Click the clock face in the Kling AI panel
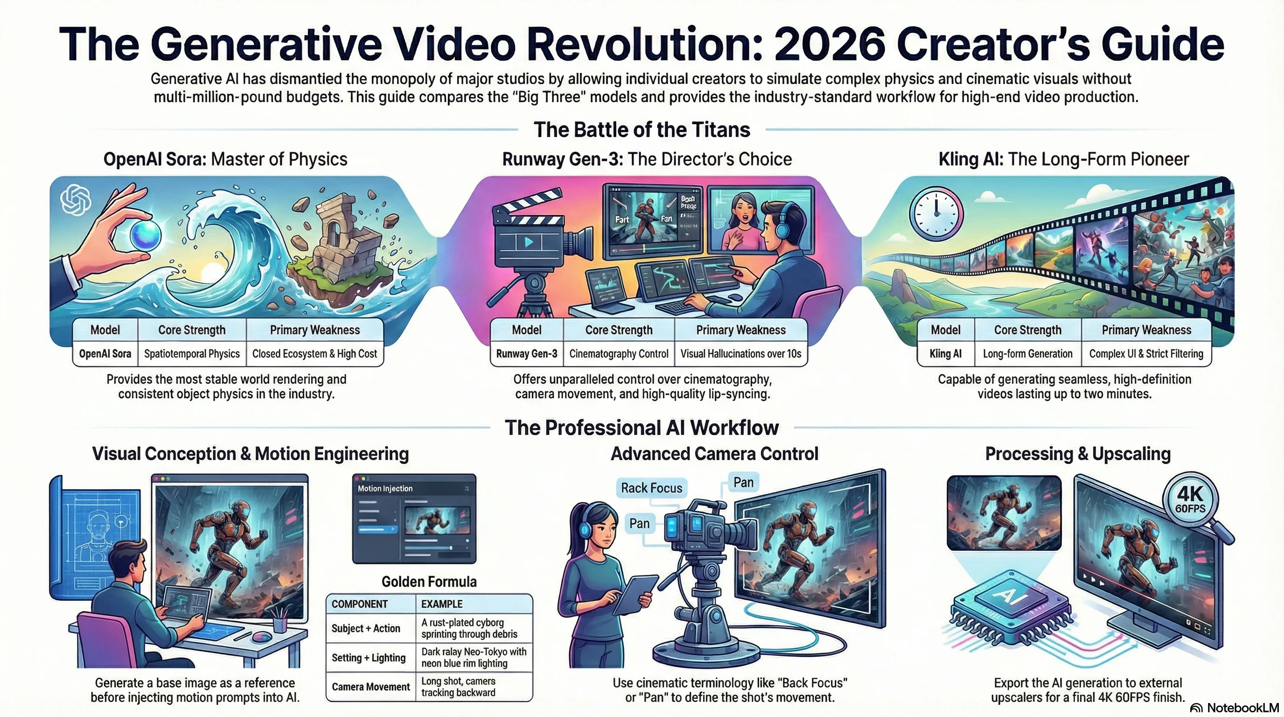(936, 213)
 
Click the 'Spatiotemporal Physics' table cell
(192, 354)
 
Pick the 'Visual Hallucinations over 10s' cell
(741, 354)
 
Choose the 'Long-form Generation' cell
(1028, 354)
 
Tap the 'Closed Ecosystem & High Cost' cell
(314, 354)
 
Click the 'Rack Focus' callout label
(651, 488)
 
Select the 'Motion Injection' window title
(385, 489)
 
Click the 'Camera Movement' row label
(371, 687)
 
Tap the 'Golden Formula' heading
(429, 581)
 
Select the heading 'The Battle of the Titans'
(642, 130)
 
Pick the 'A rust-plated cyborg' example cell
(469, 628)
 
